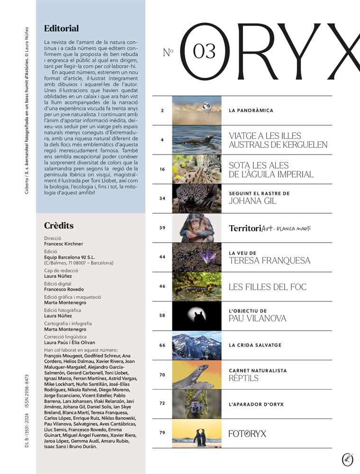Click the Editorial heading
(61, 28)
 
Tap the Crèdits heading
(59, 226)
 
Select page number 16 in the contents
(162, 169)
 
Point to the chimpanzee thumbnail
(197, 228)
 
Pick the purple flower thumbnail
(197, 257)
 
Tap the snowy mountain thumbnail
(197, 345)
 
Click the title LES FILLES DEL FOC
(267, 287)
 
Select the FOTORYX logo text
(247, 433)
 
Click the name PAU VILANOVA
(257, 319)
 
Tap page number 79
(162, 433)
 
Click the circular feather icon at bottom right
(348, 459)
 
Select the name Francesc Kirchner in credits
(63, 244)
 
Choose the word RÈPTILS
(244, 379)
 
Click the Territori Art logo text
(270, 228)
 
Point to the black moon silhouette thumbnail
(197, 316)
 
